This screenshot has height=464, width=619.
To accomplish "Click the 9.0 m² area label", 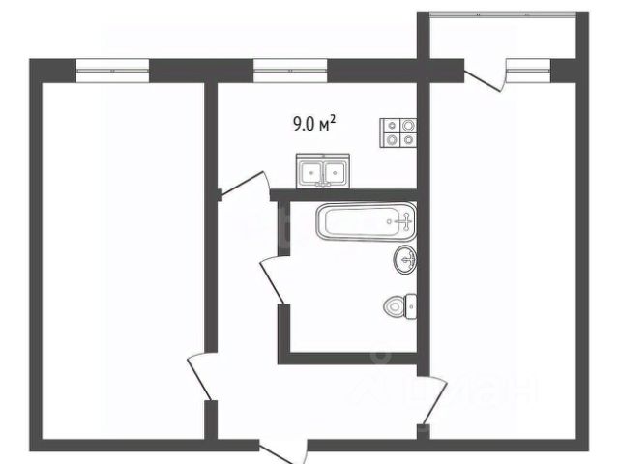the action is pos(314,123).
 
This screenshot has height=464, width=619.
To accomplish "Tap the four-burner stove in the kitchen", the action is pos(398,131).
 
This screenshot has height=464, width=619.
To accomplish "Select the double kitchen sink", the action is pos(322,172).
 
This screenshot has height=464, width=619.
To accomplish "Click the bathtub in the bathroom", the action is pos(365,222).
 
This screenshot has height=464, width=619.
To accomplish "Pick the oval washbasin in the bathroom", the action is pos(405,259).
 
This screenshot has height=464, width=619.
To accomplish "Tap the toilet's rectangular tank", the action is pos(410,306).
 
